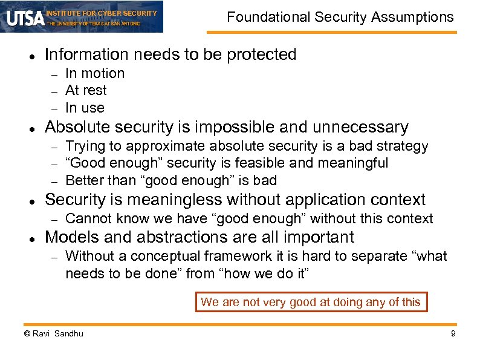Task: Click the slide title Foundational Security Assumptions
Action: coord(340,17)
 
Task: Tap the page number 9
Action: coord(453,333)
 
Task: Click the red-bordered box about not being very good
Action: coord(311,302)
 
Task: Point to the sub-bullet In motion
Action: coord(94,73)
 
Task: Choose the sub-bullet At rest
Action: coord(86,90)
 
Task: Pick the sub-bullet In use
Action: coord(85,108)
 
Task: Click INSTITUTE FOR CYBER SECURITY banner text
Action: coord(101,13)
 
